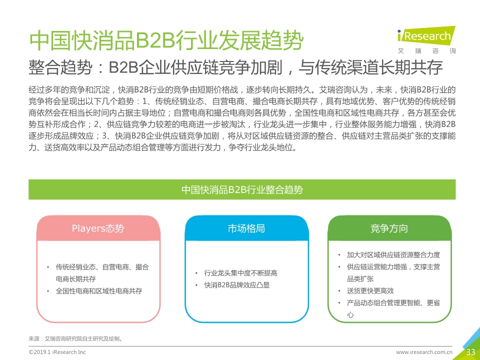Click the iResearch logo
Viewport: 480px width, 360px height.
(x=426, y=35)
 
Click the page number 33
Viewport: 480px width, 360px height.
(x=470, y=352)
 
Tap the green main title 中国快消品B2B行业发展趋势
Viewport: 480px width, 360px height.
(x=166, y=40)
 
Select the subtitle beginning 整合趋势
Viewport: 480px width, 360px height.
(x=235, y=67)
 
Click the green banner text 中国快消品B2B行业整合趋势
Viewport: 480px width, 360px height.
(x=242, y=189)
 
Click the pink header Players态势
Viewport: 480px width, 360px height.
(x=98, y=228)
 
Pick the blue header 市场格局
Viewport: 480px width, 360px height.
(x=246, y=228)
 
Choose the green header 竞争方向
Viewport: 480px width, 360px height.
(x=389, y=228)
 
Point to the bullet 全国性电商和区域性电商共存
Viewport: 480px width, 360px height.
(x=99, y=291)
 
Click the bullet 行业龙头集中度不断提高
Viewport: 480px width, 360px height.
(x=240, y=273)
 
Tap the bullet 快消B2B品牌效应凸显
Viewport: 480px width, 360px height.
(x=237, y=285)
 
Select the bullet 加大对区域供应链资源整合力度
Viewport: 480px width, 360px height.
(x=393, y=254)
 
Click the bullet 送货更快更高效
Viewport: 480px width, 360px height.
(x=370, y=291)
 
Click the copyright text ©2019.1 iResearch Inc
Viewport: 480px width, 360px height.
(x=57, y=352)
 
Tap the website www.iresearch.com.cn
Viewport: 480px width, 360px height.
(x=424, y=352)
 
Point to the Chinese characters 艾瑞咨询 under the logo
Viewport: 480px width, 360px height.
(x=426, y=51)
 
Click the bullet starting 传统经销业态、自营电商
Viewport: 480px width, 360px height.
(x=102, y=273)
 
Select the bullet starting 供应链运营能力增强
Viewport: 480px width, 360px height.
(x=393, y=273)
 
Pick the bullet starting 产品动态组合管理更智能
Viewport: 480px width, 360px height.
(x=393, y=308)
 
